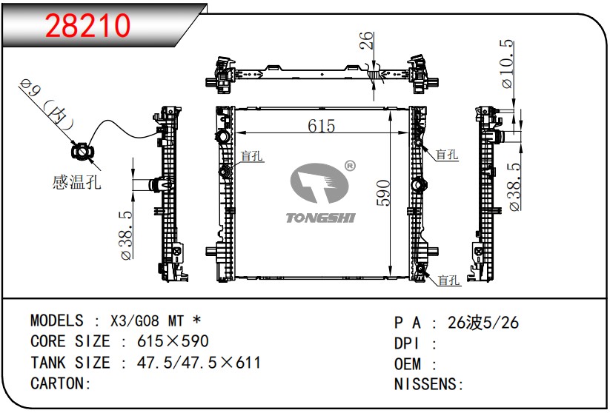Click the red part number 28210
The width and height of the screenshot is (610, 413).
pyautogui.click(x=87, y=26)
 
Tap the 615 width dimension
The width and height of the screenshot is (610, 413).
pyautogui.click(x=321, y=126)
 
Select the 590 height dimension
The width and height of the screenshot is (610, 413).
pyautogui.click(x=383, y=192)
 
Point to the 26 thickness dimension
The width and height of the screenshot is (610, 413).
pyautogui.click(x=366, y=41)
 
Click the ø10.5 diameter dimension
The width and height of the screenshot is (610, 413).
pyautogui.click(x=507, y=64)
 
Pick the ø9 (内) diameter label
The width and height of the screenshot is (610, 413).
pyautogui.click(x=47, y=104)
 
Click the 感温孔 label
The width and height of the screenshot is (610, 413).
pyautogui.click(x=76, y=182)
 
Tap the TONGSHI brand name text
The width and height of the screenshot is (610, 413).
pyautogui.click(x=320, y=218)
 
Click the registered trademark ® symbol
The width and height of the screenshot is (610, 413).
pyautogui.click(x=350, y=166)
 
